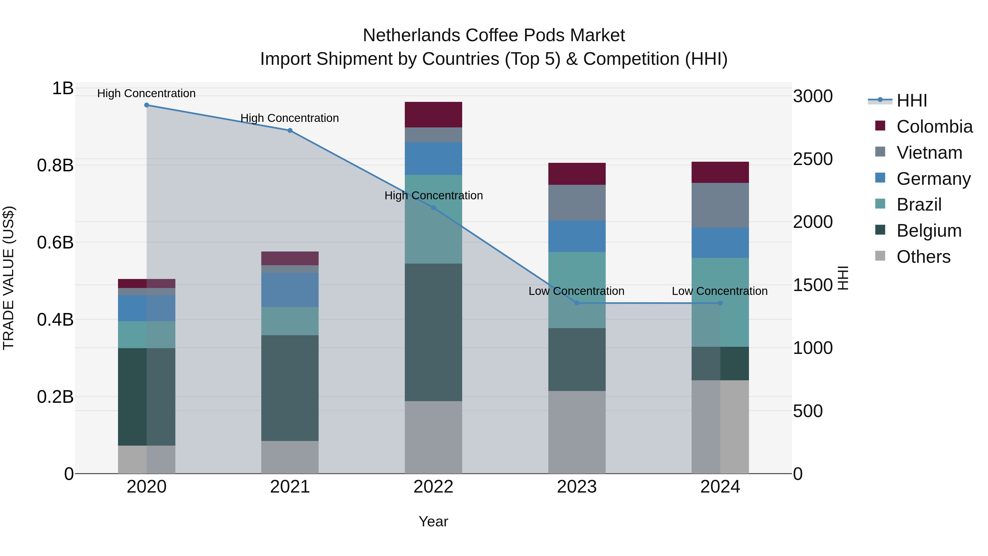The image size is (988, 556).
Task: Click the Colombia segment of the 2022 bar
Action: (x=433, y=114)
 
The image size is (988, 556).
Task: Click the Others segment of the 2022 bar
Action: (x=433, y=437)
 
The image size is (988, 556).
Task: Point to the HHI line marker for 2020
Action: (x=147, y=105)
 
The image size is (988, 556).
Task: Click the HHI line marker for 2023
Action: (x=577, y=303)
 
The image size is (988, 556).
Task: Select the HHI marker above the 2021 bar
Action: (x=290, y=130)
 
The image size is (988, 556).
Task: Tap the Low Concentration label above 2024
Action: (x=720, y=291)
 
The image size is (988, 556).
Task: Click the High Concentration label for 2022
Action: (x=433, y=196)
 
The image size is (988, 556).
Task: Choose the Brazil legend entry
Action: (x=919, y=205)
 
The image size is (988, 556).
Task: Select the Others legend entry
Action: (x=923, y=257)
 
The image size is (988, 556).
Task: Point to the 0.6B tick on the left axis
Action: (x=55, y=242)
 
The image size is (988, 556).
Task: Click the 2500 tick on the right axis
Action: (x=813, y=159)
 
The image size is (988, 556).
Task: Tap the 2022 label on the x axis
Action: (x=433, y=487)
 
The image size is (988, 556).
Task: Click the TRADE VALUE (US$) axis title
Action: (x=9, y=278)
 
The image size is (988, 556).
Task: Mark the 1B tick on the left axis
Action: (x=63, y=89)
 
